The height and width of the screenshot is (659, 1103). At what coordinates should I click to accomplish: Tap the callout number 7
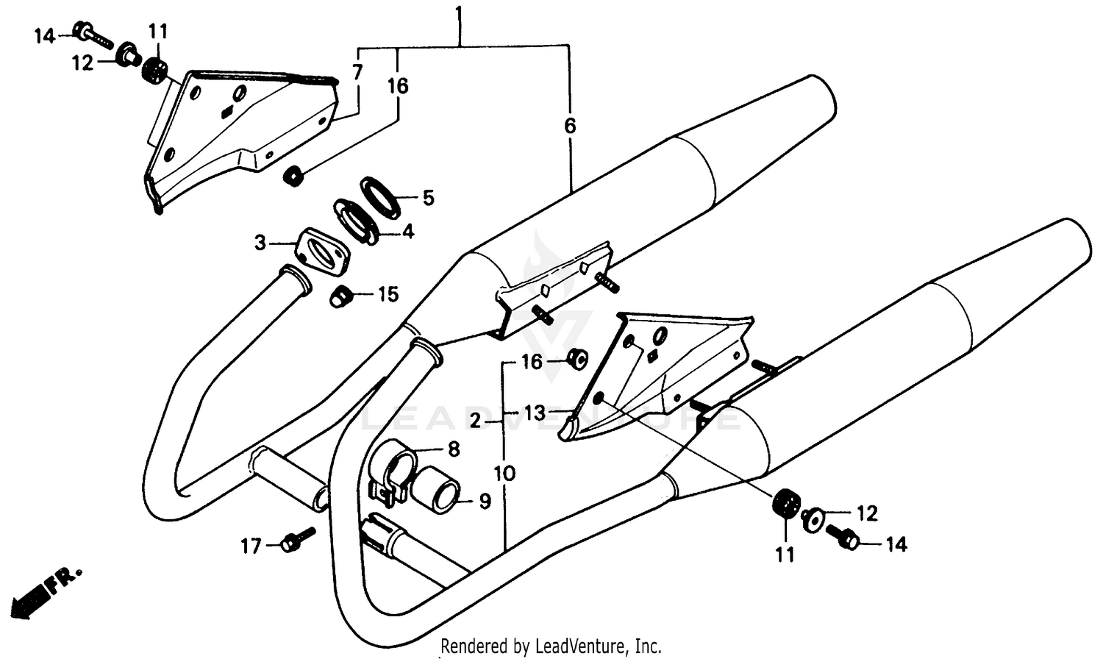tap(357, 72)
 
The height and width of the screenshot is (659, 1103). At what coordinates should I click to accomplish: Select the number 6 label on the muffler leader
tap(570, 126)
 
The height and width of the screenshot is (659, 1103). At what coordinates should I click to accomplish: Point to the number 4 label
tap(407, 232)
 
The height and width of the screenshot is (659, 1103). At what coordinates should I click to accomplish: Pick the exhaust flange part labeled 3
tap(322, 253)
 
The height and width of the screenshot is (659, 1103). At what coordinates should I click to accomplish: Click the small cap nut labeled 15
tap(339, 297)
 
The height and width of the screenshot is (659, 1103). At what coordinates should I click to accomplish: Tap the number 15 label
tap(388, 295)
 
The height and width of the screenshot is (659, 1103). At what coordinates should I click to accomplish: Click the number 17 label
tap(251, 546)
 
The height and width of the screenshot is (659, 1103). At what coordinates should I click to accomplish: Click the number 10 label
tap(504, 473)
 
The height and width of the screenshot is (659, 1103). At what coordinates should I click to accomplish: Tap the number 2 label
tap(475, 421)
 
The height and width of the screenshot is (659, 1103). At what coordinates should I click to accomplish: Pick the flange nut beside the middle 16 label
tap(577, 359)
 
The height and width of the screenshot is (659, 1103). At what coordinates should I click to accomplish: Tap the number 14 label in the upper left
tap(44, 35)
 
